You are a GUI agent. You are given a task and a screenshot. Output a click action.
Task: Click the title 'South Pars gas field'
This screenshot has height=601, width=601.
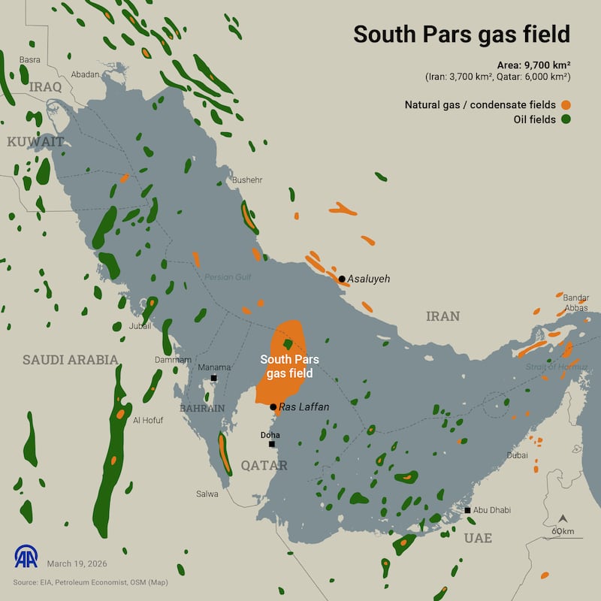pos(461,35)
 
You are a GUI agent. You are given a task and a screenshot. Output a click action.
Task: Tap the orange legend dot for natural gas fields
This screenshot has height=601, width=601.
pos(564,104)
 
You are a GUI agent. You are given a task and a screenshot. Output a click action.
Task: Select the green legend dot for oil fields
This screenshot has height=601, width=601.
pos(564,119)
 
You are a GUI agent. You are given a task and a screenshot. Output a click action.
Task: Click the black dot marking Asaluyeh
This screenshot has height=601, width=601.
pos(342,279)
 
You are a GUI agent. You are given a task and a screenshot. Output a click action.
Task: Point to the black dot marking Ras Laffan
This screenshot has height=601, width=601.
pos(273,406)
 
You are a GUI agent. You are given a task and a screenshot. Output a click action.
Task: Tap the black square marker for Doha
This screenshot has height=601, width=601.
pos(272,444)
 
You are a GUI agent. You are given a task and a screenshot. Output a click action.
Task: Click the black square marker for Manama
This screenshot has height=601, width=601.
pos(214,378)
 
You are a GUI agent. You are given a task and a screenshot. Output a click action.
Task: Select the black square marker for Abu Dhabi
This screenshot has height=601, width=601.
pos(468,510)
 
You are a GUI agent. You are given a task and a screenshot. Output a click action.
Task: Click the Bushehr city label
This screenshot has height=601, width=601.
pos(247,180)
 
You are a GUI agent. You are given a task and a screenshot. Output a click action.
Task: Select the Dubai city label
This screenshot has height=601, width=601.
pos(517,455)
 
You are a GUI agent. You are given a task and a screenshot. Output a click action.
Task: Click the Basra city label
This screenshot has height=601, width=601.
pos(30,59)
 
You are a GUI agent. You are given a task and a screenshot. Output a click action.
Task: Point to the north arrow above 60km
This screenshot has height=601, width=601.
pos(563,519)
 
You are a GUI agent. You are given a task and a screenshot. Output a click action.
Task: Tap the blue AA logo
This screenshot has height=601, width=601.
pos(26,556)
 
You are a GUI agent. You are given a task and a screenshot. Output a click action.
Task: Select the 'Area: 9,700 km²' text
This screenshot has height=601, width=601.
pos(533,65)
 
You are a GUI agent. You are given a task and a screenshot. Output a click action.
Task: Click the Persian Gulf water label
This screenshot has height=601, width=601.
pos(228,277)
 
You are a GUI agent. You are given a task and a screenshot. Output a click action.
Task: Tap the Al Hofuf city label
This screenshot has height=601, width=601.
pos(147,420)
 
